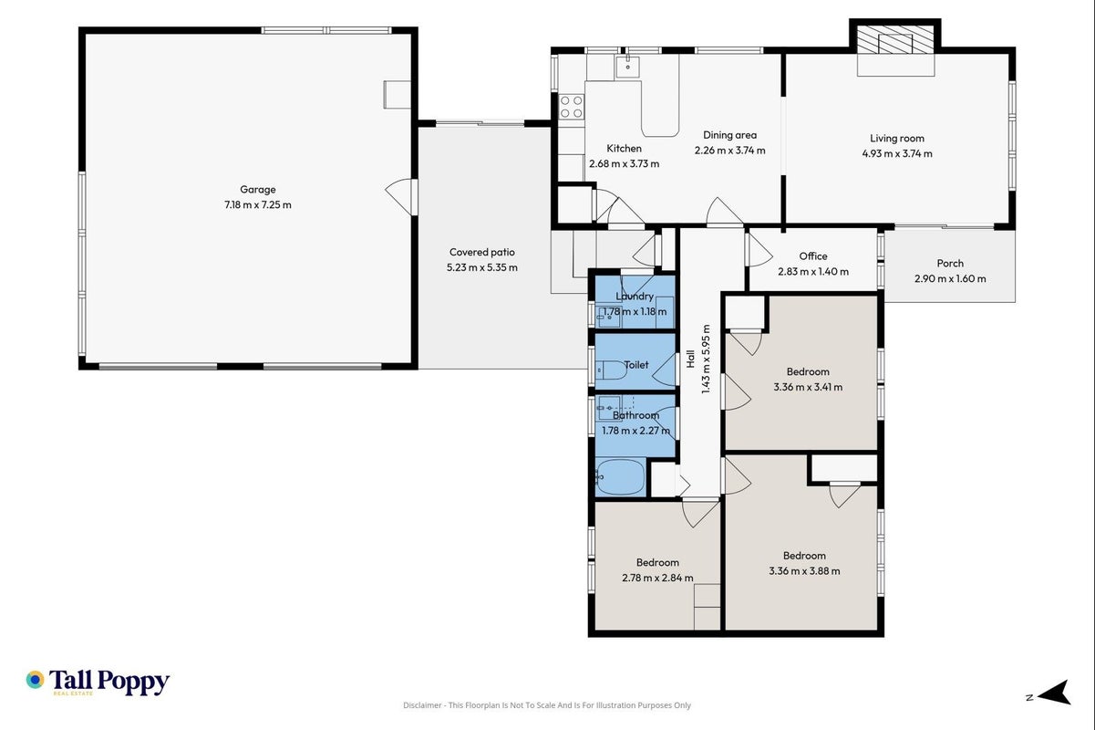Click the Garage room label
pos(258,190)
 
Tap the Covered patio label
pos(482,252)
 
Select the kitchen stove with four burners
pos(572,107)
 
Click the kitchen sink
pos(627,67)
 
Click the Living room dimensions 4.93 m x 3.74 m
pos(897,153)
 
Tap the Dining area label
pos(729,135)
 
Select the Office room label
pos(813,255)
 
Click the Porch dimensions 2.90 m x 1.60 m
pos(950,279)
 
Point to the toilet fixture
pos(611,370)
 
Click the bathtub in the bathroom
pos(620,477)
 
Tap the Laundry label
pos(635,296)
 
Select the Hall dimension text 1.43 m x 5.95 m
pos(706,360)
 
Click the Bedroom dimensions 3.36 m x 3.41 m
pos(808,387)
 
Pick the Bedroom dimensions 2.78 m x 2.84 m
pos(657,578)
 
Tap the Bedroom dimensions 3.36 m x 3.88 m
pos(804,571)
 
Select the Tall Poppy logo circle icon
pos(35,680)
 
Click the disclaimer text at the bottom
pos(546,705)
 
